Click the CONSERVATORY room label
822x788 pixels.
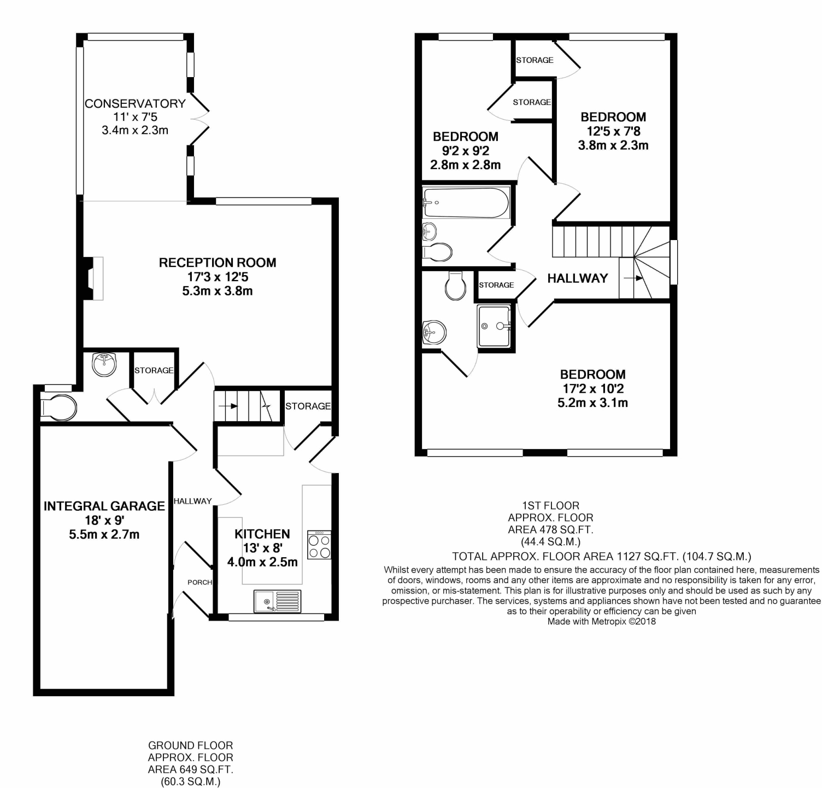pos(135,103)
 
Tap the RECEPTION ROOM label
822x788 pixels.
pos(217,262)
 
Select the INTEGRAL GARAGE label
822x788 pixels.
pos(104,506)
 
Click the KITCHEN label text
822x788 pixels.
pos(262,534)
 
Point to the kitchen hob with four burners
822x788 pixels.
pos(319,545)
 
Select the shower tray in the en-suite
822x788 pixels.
pos(494,326)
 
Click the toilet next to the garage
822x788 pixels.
pos(59,407)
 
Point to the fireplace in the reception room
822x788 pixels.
pos(93,278)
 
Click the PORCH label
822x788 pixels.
pos(199,582)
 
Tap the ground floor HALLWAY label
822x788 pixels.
pos(192,501)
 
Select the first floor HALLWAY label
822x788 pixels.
pos(578,278)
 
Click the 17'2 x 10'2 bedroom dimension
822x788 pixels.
pos(593,389)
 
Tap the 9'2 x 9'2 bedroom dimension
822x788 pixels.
pos(466,151)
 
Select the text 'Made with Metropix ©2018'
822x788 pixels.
pos(601,621)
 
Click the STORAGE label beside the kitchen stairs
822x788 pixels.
pos(308,406)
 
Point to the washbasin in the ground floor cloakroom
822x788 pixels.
pos(104,365)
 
